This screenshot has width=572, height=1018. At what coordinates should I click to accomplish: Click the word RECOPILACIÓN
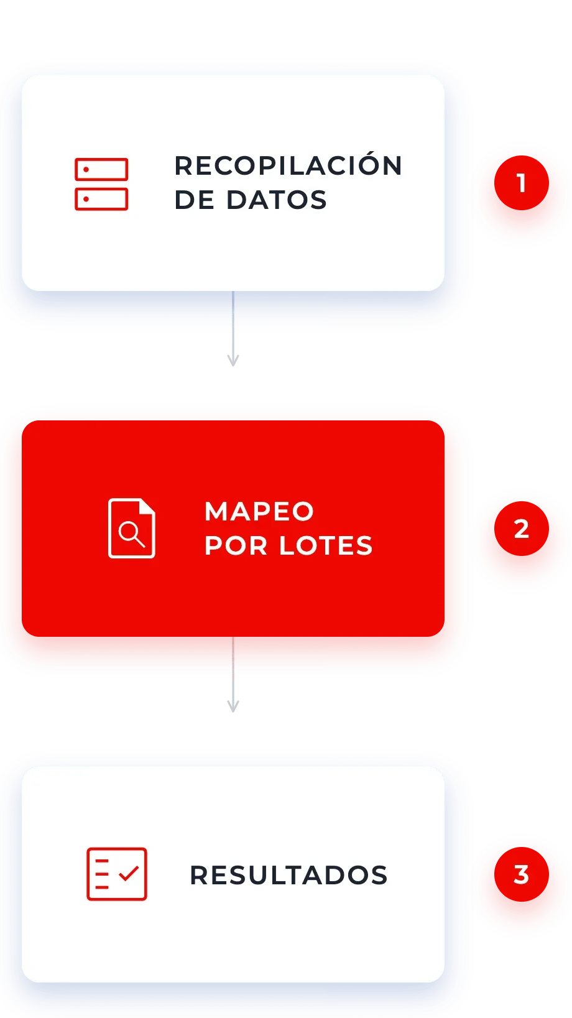288,165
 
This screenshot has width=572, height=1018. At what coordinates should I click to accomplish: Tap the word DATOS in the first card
276,200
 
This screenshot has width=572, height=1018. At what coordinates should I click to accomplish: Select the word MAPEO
259,511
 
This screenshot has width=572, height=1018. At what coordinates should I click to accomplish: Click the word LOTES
326,545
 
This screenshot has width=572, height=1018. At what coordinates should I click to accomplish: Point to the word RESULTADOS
288,876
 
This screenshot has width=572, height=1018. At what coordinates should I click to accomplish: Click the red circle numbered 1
522,183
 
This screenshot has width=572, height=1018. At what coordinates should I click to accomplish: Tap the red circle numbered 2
522,529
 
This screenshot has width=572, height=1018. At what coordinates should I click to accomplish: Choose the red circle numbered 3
522,874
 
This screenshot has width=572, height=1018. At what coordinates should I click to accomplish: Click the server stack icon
101,184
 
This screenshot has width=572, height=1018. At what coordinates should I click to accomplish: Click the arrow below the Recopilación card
233,328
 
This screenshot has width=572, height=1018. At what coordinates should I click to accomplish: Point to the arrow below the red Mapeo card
233,675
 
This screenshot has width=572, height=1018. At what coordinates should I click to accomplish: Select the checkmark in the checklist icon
129,873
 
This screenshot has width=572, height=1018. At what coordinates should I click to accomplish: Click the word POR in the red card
236,545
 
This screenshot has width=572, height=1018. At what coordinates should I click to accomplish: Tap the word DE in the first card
194,200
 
